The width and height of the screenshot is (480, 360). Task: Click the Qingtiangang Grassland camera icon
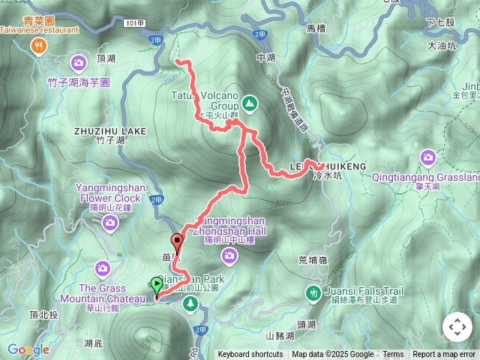tap(428, 157)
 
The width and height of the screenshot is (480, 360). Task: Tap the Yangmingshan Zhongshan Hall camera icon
tap(229, 256)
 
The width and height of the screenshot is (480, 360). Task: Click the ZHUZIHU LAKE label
tap(110, 130)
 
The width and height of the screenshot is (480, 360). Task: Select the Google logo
tap(28, 349)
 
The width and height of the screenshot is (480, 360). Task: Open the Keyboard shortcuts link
tap(250, 355)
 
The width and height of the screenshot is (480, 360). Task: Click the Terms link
tap(393, 355)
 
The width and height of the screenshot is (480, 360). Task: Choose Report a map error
tap(445, 355)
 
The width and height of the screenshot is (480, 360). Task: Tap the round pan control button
tap(457, 327)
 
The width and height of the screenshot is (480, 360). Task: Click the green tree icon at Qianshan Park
tap(191, 303)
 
